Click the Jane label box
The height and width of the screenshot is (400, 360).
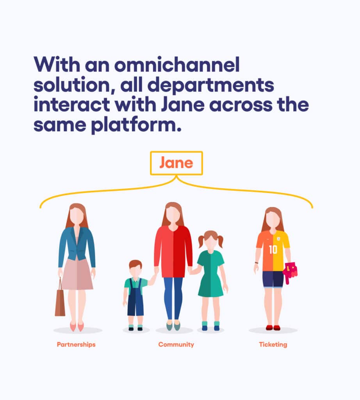click(176, 152)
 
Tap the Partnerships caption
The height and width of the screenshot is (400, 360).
click(76, 345)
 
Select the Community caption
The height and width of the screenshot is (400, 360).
click(176, 345)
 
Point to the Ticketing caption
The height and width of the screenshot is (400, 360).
click(273, 345)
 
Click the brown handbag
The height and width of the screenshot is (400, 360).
click(60, 301)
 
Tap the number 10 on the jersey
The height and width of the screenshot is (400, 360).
click(273, 250)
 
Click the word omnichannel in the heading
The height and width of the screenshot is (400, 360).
click(177, 64)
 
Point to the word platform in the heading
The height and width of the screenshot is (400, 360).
click(136, 125)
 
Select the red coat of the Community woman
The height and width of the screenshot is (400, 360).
click(173, 251)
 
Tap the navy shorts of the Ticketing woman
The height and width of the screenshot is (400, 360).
click(273, 279)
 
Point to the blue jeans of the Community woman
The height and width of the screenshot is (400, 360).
click(173, 298)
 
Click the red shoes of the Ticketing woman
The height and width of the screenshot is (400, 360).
click(273, 328)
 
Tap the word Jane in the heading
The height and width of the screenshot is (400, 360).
click(183, 105)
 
